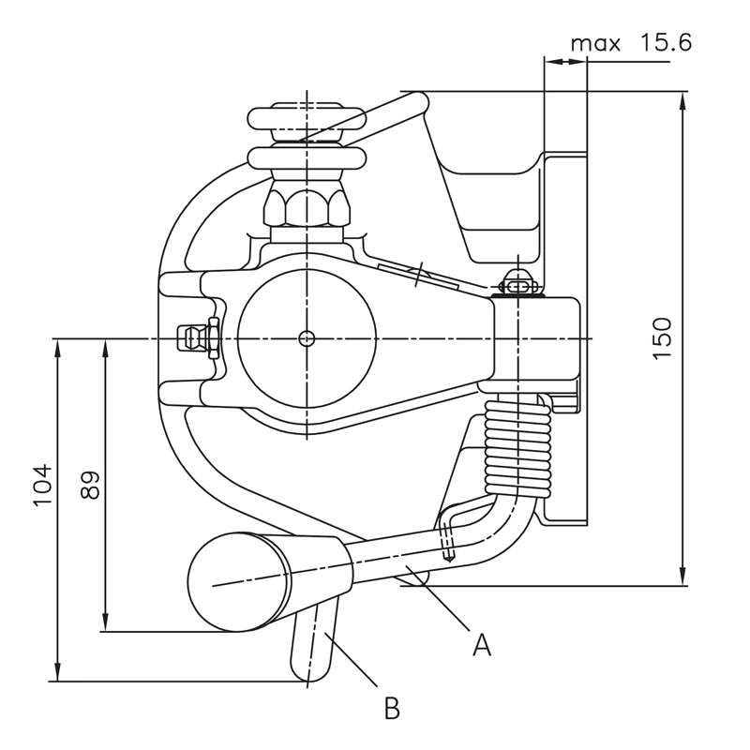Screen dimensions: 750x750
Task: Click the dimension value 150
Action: pos(663,338)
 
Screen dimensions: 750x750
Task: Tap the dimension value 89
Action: pos(90,485)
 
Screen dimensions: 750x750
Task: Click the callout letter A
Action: pos(482,644)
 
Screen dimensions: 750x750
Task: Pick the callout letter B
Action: pos(392,708)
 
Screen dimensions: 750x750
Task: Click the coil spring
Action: pos(517,445)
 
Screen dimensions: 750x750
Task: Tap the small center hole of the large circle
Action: pos(307,337)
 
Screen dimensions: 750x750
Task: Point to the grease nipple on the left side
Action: pos(195,337)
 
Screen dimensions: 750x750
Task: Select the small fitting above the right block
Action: pos(517,281)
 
